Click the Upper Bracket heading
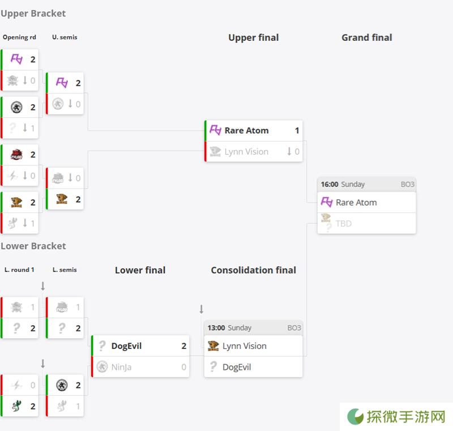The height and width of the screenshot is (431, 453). (x=33, y=14)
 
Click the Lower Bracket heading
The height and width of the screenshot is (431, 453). (x=33, y=246)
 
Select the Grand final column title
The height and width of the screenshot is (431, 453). (x=366, y=37)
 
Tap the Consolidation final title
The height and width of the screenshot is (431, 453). (x=253, y=270)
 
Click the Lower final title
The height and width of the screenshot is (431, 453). (x=140, y=270)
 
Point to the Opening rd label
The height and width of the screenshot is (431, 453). (x=19, y=37)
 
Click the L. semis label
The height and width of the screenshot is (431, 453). (x=65, y=270)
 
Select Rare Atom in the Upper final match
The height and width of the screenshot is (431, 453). (x=246, y=131)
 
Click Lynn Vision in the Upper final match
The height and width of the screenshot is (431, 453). (x=246, y=152)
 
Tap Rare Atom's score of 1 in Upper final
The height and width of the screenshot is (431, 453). (x=297, y=131)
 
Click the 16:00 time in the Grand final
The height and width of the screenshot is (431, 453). (x=330, y=184)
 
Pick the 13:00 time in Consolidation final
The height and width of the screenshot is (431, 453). (x=216, y=328)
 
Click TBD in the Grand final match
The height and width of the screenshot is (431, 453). (x=344, y=224)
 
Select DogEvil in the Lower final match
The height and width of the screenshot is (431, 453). (x=126, y=346)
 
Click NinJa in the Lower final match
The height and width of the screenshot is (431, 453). (x=121, y=367)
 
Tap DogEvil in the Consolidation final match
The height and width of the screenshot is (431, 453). (x=237, y=367)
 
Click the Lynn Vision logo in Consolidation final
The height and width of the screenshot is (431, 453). (x=213, y=346)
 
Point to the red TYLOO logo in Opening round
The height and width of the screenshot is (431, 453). (x=16, y=155)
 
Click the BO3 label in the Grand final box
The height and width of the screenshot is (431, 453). (x=407, y=184)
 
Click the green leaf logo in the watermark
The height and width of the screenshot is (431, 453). (x=355, y=416)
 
